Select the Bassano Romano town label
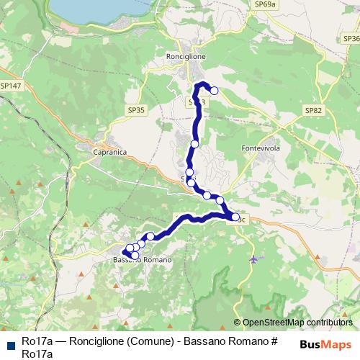[143, 259]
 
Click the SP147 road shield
[12, 86]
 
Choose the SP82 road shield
[314, 110]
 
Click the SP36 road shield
[351, 38]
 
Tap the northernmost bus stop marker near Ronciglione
[213, 90]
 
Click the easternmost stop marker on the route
[235, 216]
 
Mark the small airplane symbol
[253, 259]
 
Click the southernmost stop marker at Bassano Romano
[135, 255]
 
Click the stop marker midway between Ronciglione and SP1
[194, 144]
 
